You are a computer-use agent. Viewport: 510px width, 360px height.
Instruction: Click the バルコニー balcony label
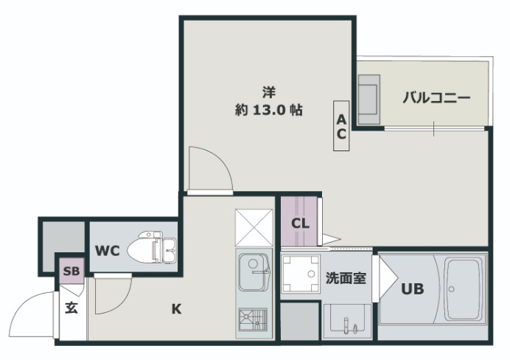pyautogui.click(x=436, y=98)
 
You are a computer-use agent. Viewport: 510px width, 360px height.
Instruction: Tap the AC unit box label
pyautogui.click(x=342, y=125)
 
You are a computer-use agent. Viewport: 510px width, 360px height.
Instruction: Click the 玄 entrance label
pyautogui.click(x=71, y=308)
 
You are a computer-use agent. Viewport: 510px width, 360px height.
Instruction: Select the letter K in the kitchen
pyautogui.click(x=176, y=309)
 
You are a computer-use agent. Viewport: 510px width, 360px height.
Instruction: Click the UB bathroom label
pyautogui.click(x=412, y=289)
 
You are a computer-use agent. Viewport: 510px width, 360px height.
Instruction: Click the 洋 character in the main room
pyautogui.click(x=269, y=92)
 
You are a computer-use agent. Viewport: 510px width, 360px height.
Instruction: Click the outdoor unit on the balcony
pyautogui.click(x=369, y=98)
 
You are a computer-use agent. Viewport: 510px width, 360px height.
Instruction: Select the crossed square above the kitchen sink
pyautogui.click(x=254, y=227)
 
